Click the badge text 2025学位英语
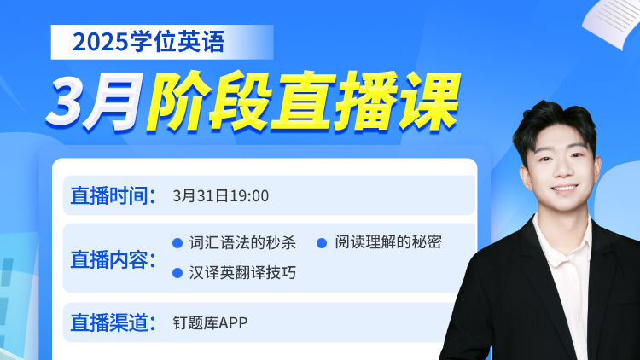(x=148, y=42)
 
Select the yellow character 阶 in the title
(x=179, y=102)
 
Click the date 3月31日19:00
(x=220, y=196)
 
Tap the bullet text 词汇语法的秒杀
(x=242, y=242)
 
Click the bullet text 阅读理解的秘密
(x=388, y=242)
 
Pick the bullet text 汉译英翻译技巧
(x=242, y=273)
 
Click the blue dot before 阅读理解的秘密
(x=322, y=243)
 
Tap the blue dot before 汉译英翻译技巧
(x=177, y=273)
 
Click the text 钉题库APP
(x=210, y=322)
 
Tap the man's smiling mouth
(x=565, y=189)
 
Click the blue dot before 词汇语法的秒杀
(x=177, y=243)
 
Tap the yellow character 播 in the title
(x=365, y=102)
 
